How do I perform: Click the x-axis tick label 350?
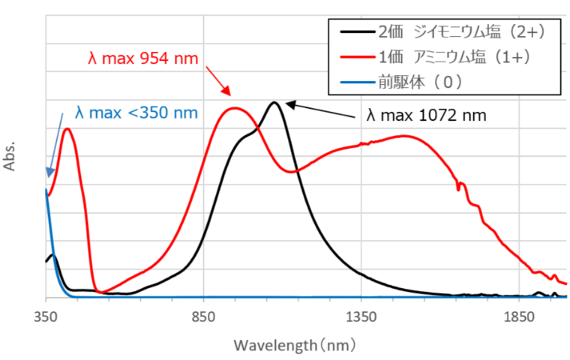click(46, 318)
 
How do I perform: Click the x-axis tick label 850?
click(203, 318)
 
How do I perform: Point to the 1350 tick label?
click(361, 318)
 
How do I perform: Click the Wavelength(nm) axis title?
click(294, 346)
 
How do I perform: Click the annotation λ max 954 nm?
click(142, 58)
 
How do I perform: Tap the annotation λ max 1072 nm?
click(426, 116)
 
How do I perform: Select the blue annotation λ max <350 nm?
click(136, 113)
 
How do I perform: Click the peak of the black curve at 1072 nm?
click(274, 103)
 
